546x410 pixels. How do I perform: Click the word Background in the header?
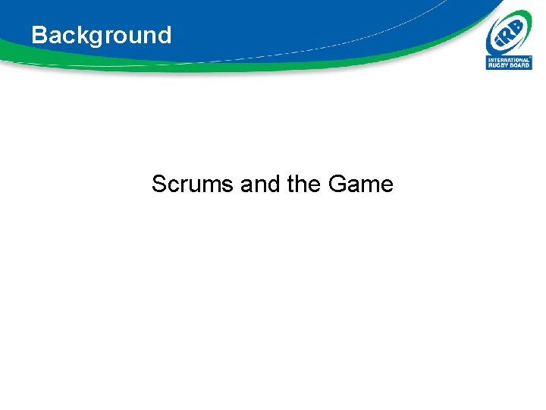point(101,35)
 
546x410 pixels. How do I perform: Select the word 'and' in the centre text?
point(259,184)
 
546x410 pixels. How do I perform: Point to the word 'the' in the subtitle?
point(303,184)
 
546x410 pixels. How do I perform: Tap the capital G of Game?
point(338,184)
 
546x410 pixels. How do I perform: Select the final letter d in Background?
point(165,35)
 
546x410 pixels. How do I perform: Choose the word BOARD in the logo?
point(519,65)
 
